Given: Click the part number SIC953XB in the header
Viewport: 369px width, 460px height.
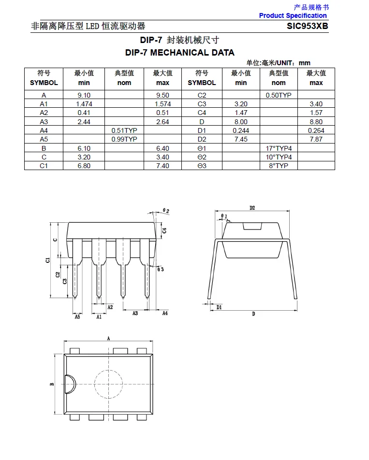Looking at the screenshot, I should [308, 26].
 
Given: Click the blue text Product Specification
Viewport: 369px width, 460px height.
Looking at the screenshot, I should [293, 15].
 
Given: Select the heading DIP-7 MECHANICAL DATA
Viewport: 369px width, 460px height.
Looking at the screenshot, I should [179, 53].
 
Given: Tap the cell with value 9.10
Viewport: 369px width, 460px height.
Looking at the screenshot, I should [84, 95].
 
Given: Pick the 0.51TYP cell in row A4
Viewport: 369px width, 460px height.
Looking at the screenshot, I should [124, 130].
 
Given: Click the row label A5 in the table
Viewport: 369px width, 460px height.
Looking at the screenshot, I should [44, 139].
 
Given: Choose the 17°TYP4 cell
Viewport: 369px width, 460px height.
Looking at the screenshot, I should [279, 148].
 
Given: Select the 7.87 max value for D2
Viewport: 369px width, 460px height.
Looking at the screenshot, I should [316, 139].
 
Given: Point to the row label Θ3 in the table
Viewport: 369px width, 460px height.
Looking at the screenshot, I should [202, 166].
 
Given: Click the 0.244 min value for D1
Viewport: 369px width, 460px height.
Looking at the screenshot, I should [241, 130].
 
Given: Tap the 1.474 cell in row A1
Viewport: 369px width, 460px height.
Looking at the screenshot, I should [84, 104].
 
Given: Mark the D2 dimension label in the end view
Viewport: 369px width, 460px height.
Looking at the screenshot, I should [252, 208].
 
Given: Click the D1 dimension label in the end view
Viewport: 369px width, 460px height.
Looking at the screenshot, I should [219, 307].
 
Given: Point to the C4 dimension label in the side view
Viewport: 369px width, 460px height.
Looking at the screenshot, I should [164, 230].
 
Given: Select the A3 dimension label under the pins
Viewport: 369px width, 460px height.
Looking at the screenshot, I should [135, 313].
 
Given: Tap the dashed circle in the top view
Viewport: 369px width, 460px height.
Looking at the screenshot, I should [109, 384].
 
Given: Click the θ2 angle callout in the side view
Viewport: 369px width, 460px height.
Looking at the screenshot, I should [166, 211].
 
